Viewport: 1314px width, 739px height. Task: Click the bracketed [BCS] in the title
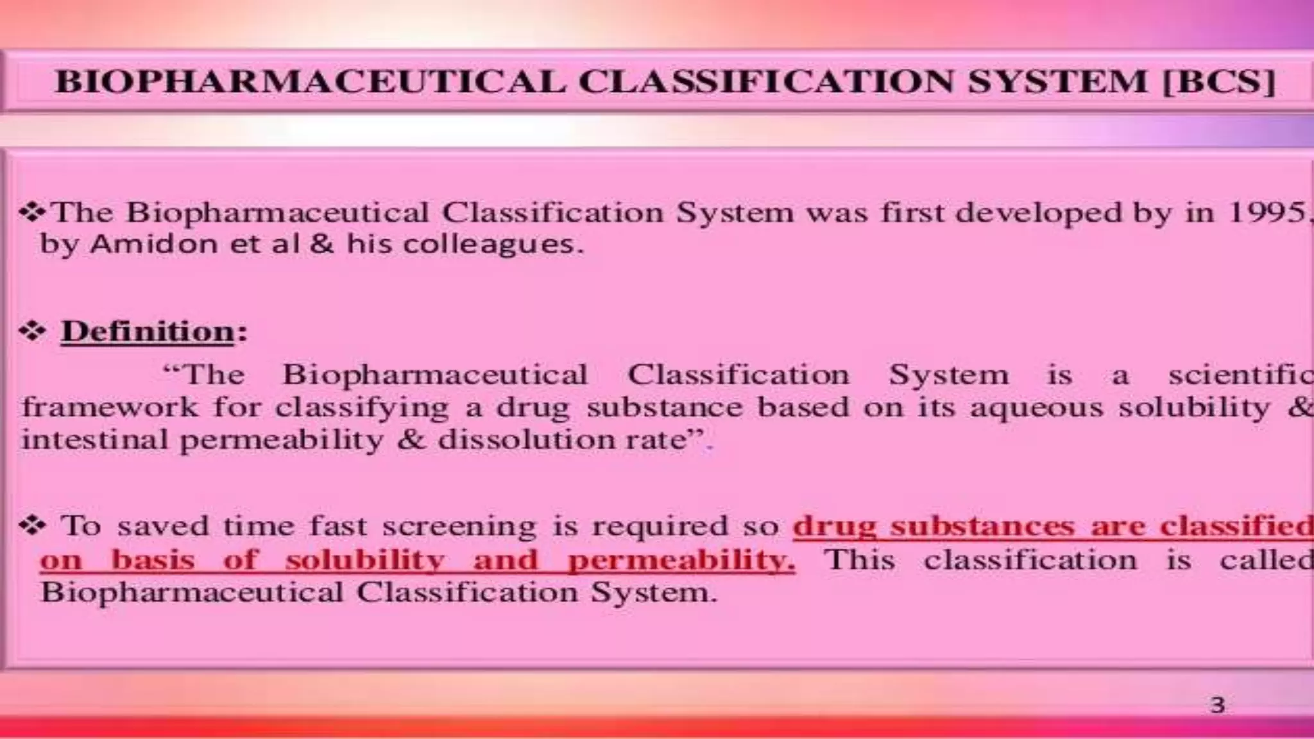(x=1218, y=81)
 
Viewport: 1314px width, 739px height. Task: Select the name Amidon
(x=153, y=244)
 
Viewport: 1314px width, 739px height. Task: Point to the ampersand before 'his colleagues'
(x=323, y=244)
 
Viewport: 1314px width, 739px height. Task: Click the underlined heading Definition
(x=148, y=332)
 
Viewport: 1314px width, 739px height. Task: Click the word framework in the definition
(x=110, y=407)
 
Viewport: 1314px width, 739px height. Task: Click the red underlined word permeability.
(x=681, y=560)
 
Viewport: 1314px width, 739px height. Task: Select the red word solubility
(x=364, y=560)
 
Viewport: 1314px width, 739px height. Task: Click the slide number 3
(x=1217, y=706)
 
